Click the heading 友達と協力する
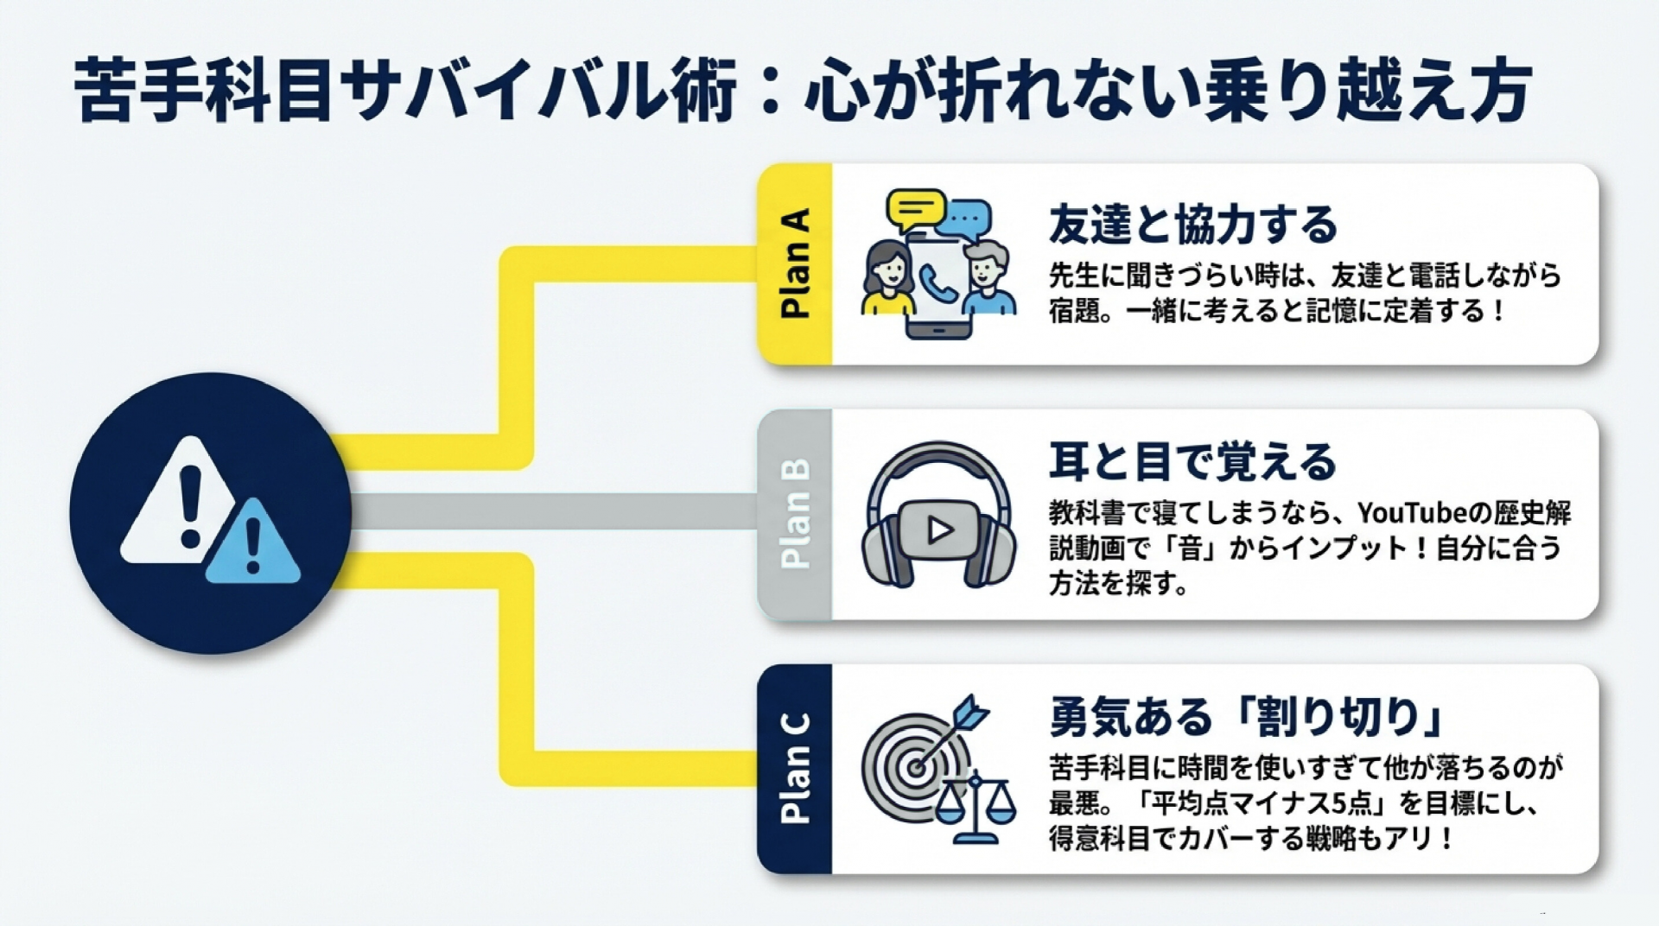[x=1192, y=225]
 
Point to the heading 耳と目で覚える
[x=1192, y=461]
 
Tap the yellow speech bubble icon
[x=916, y=210]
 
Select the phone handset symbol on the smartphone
[x=937, y=284]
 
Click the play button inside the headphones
[x=939, y=530]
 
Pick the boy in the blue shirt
[x=988, y=281]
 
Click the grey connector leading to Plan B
[x=553, y=511]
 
